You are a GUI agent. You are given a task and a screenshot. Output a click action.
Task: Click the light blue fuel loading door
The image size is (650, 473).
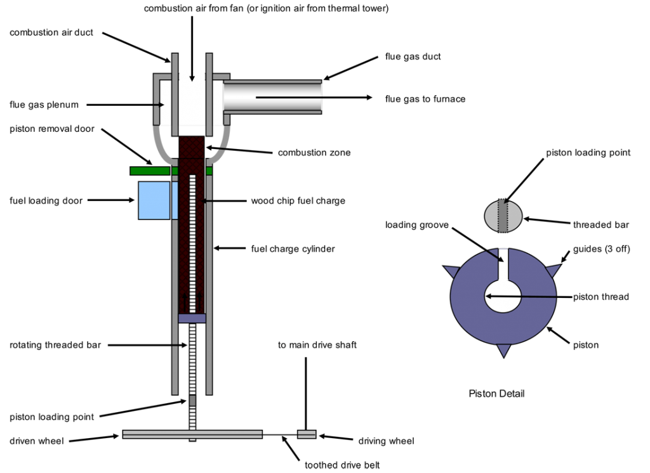click(155, 200)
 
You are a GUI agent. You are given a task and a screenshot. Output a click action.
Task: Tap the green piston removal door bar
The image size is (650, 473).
click(150, 171)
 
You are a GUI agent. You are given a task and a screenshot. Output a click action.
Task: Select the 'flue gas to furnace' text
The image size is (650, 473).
click(425, 99)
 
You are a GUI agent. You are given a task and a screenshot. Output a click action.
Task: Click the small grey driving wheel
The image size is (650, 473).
click(307, 434)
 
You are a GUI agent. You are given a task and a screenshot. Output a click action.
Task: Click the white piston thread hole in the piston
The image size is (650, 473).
click(503, 295)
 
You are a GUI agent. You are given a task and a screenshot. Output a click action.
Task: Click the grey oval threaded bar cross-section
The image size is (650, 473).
click(503, 216)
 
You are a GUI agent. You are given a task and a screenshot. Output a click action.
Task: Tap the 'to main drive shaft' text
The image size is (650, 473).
click(317, 346)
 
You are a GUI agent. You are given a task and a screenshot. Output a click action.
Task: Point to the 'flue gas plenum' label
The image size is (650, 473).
click(44, 105)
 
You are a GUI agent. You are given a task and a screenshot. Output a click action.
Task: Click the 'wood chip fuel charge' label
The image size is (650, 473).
click(298, 201)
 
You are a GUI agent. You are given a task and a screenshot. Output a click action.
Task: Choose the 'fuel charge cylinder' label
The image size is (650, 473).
click(293, 249)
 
